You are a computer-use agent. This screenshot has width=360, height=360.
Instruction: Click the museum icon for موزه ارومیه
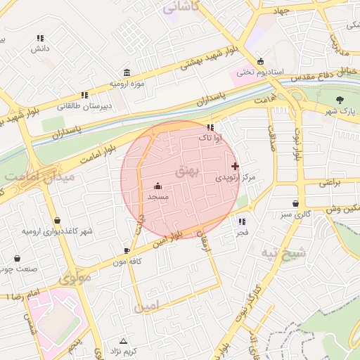(x=126, y=73)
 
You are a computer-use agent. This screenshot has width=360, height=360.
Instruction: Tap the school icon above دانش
(x=40, y=38)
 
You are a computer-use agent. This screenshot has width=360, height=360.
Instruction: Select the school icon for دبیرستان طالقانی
(x=84, y=94)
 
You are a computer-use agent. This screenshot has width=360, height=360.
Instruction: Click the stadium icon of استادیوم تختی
(x=262, y=61)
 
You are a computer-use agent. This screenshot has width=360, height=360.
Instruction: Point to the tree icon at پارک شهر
(x=340, y=99)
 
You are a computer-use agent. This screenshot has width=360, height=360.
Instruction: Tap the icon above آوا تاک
(x=210, y=127)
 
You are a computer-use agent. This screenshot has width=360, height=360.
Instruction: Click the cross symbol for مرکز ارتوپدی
(x=235, y=166)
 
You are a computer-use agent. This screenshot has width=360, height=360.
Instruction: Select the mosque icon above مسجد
(x=157, y=186)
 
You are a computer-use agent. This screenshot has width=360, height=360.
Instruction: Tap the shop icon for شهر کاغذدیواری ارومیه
(x=57, y=220)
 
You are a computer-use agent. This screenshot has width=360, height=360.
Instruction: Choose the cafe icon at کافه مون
(x=127, y=250)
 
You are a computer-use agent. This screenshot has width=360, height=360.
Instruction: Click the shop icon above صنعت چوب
(x=17, y=258)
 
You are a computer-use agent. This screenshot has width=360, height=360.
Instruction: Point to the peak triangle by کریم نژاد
(x=124, y=340)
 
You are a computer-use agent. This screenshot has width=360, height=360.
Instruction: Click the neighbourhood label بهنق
(x=187, y=171)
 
